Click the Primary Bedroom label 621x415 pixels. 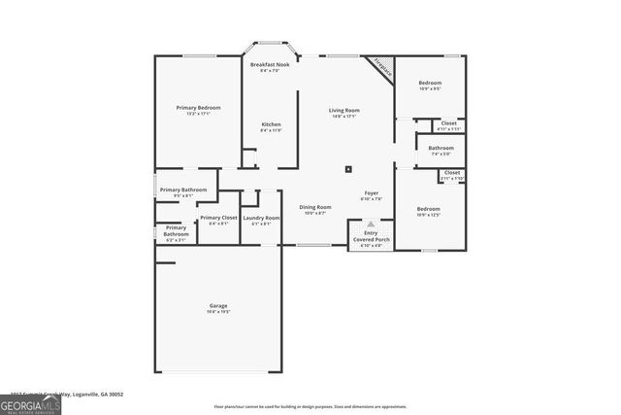click(198, 108)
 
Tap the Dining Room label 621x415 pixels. click(314, 207)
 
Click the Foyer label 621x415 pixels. click(371, 193)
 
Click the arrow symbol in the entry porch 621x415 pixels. click(370, 224)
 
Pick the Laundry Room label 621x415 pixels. click(261, 219)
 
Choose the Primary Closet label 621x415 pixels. click(218, 219)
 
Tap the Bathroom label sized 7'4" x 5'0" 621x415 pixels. click(441, 149)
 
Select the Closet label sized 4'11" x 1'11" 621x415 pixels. click(448, 124)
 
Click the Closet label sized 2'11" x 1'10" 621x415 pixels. click(452, 174)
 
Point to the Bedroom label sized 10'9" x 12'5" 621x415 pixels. click(428, 210)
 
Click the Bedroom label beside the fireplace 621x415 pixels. click(430, 85)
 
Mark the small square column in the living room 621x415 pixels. click(348, 169)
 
